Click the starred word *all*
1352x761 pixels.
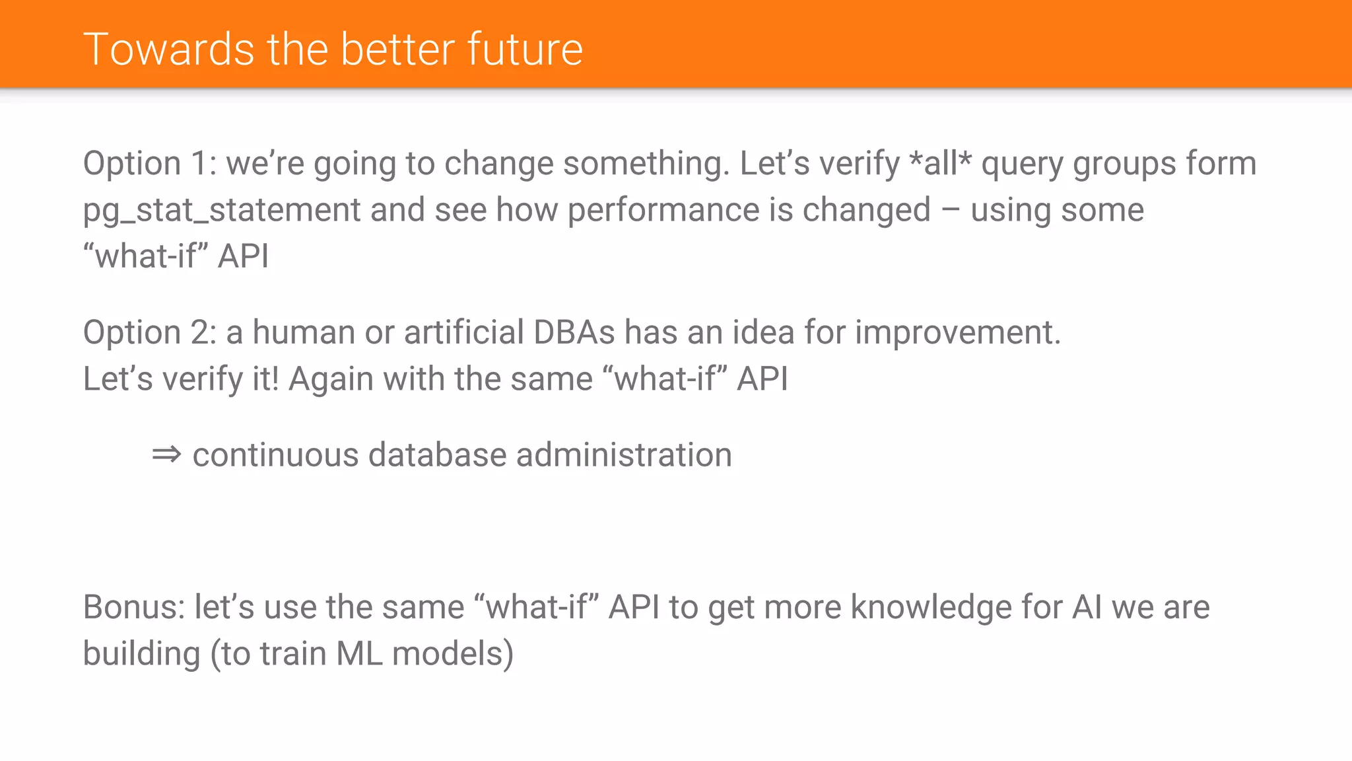940,163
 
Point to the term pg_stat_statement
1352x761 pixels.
222,211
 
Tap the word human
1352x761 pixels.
304,332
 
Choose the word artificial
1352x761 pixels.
463,332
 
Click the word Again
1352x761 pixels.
331,379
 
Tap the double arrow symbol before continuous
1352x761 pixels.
166,455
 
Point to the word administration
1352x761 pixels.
624,455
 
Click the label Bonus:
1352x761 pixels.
134,607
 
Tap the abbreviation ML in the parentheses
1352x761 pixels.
360,654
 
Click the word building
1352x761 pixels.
141,654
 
